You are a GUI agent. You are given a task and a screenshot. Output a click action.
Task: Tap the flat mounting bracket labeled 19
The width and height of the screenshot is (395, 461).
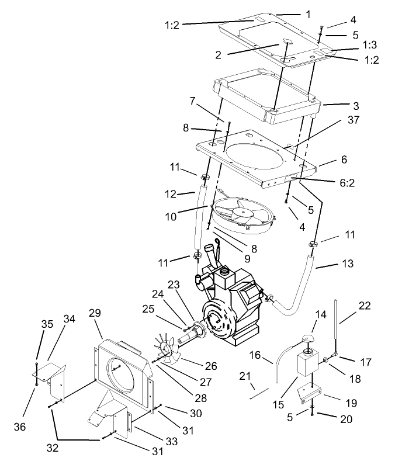tap(310, 395)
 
